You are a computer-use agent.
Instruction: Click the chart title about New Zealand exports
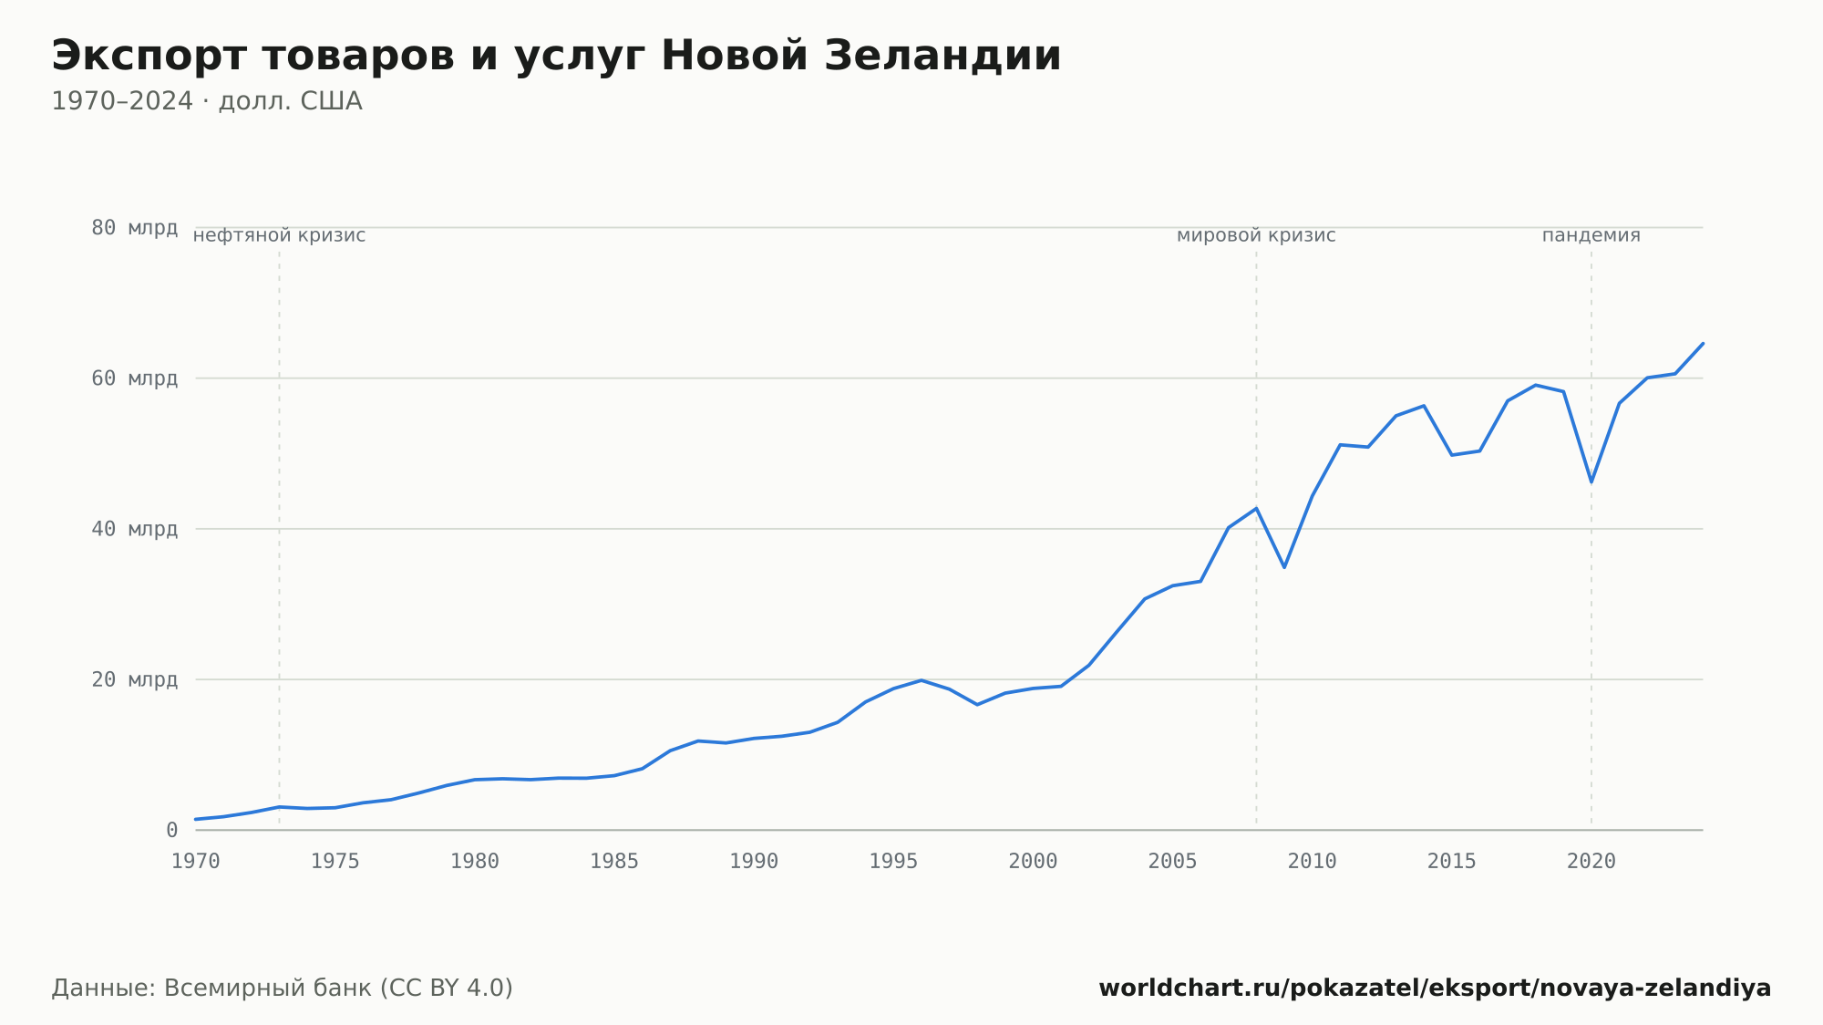556,57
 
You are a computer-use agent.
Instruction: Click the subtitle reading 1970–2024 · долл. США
207,101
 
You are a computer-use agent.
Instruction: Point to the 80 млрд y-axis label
134,228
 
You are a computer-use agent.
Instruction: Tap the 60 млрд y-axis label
134,378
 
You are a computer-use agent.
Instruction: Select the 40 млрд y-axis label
134,529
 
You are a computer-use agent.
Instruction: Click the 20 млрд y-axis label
134,679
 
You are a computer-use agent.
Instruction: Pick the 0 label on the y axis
171,830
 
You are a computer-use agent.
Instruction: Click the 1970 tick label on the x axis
196,862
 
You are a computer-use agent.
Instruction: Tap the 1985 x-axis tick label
614,862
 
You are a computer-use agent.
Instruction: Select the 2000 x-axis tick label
1033,862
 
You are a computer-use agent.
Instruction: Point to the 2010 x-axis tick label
1312,862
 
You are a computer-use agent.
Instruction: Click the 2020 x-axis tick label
1591,862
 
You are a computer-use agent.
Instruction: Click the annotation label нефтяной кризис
279,235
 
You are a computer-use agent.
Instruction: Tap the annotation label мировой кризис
1256,235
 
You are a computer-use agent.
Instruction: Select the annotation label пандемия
1591,235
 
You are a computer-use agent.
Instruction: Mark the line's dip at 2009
1284,567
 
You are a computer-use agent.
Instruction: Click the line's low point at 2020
1591,481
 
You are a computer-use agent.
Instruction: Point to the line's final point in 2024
1703,344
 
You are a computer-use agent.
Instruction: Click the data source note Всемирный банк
282,989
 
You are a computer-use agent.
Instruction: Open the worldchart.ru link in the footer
1435,989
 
